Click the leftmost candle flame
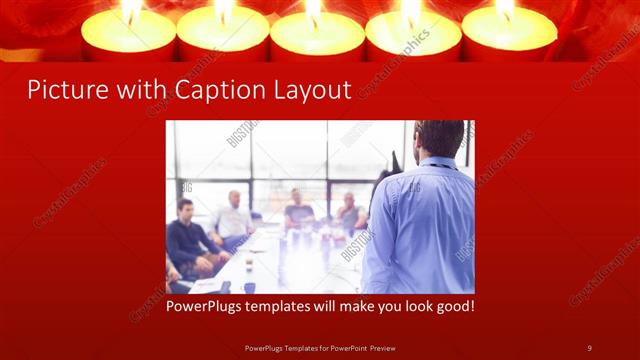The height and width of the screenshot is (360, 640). coord(130,10)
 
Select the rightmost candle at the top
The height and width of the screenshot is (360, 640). coord(508,32)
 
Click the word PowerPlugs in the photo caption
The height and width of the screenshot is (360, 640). coord(208,306)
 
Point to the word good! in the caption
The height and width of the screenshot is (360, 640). coord(452,306)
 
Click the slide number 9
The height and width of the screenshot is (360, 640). coord(590,347)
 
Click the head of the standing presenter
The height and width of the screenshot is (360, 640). coord(440,138)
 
